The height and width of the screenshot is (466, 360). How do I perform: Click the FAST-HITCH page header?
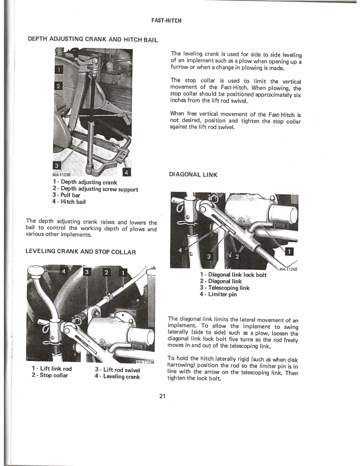click(x=167, y=21)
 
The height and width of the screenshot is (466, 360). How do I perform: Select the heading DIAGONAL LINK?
click(x=193, y=175)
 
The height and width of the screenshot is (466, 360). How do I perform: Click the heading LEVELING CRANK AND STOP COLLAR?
click(x=81, y=252)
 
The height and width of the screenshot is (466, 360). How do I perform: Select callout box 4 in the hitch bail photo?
click(x=127, y=172)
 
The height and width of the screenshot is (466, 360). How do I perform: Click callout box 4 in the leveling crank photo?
click(x=63, y=271)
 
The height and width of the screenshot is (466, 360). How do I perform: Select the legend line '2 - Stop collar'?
click(x=49, y=376)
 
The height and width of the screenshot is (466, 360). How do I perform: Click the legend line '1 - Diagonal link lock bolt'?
click(x=233, y=275)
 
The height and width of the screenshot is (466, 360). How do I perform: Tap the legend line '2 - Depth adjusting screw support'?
click(x=95, y=189)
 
